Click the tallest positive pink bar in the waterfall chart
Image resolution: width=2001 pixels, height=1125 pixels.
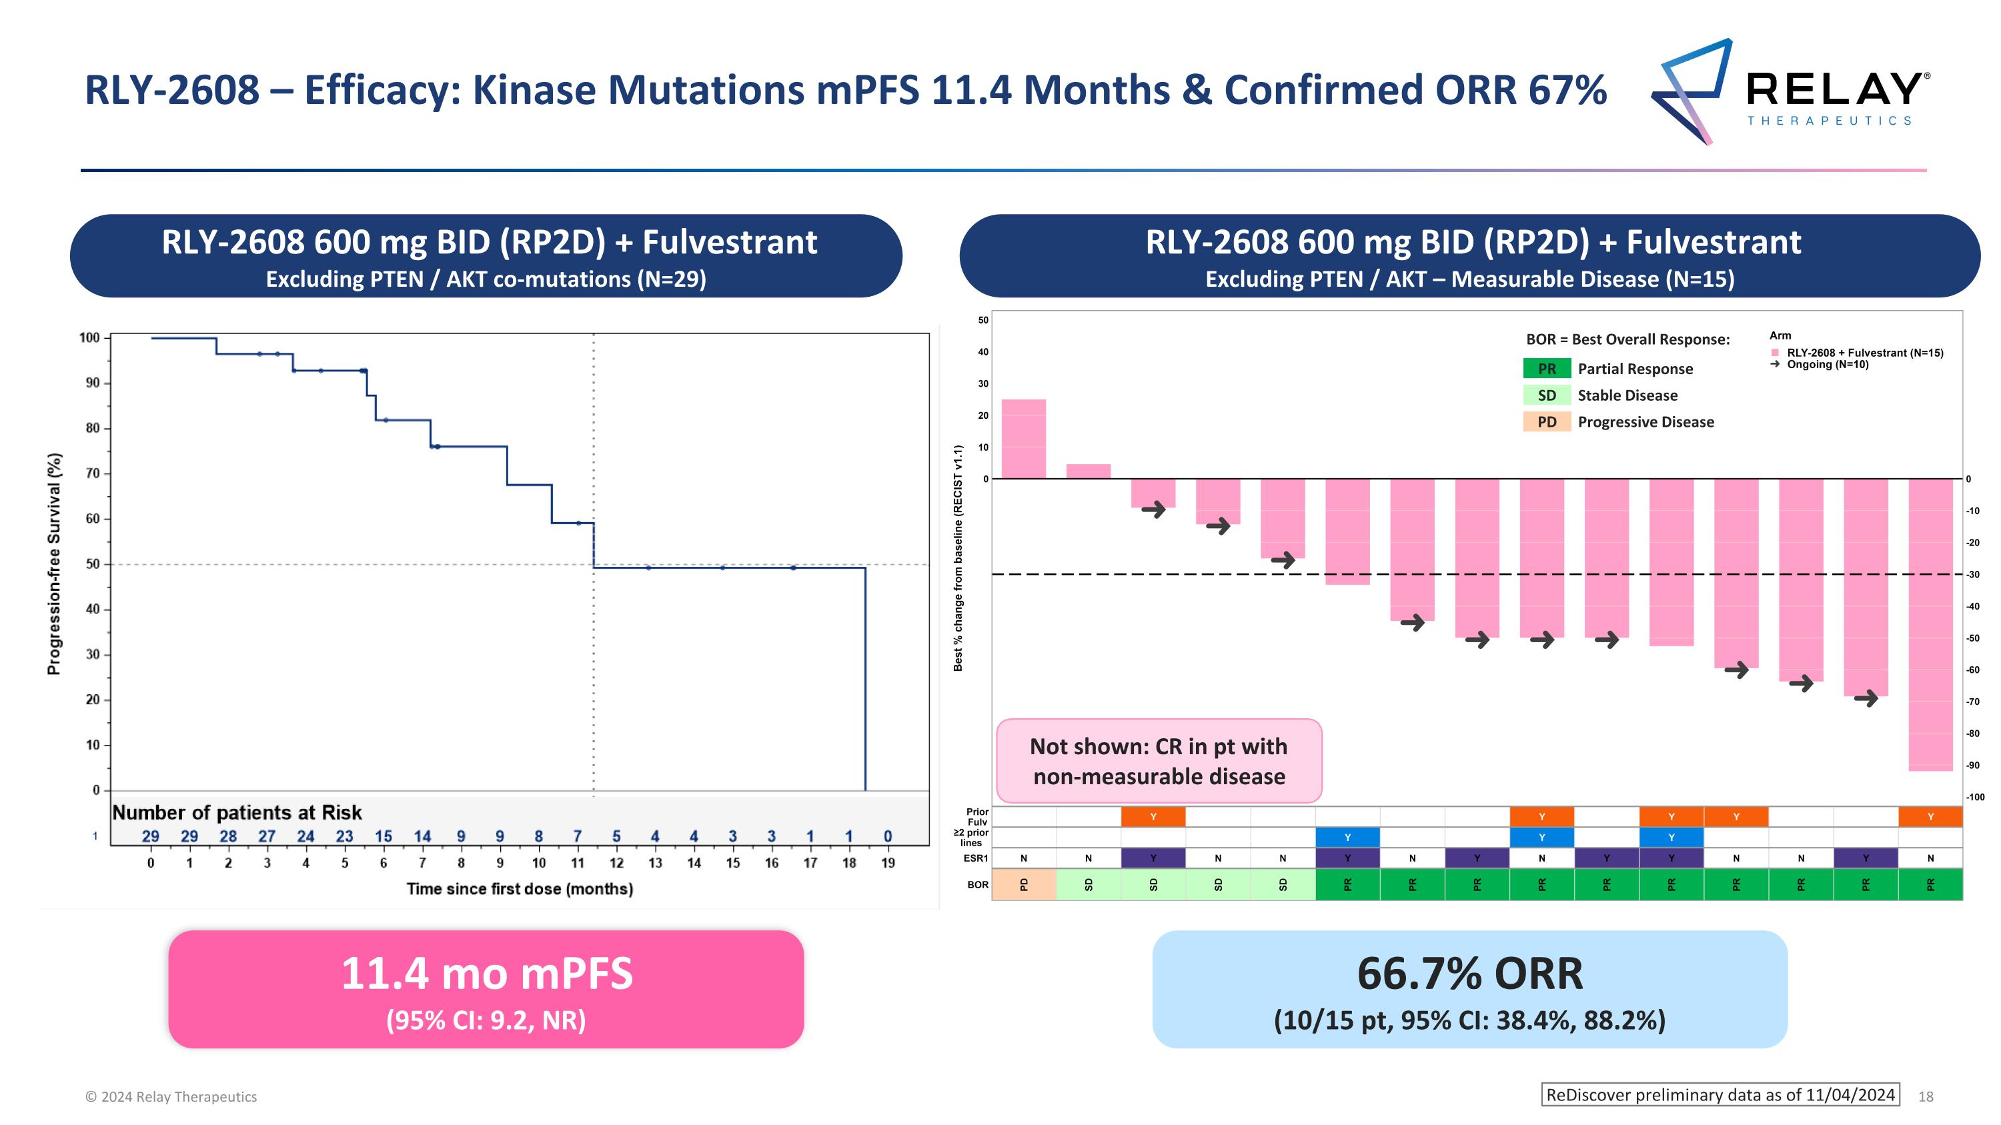pos(1023,439)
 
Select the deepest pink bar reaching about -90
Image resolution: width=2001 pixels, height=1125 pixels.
pos(1930,624)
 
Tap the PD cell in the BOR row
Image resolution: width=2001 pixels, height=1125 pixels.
pos(1024,884)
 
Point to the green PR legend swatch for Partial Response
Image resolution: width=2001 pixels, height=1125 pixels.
pos(1547,369)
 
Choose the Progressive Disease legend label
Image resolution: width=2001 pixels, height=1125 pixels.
pos(1645,422)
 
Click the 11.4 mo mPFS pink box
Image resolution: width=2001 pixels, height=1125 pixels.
pos(486,989)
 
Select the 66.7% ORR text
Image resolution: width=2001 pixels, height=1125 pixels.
pos(1469,974)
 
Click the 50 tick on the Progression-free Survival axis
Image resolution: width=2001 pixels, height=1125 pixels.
pos(93,564)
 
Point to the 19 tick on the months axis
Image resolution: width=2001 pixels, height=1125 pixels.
pos(888,862)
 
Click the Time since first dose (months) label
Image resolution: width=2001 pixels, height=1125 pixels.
pos(520,889)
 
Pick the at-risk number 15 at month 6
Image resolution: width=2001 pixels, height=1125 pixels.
pos(384,836)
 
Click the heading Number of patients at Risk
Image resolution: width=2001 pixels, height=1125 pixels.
pos(237,812)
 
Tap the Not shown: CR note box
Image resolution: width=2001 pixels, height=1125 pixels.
pos(1158,761)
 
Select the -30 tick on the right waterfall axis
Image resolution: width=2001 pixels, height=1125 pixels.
pos(1972,575)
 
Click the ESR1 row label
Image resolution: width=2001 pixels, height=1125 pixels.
pos(976,858)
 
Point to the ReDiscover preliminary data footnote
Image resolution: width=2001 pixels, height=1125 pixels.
pos(1720,1095)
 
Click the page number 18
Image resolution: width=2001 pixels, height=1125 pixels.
pos(1926,1096)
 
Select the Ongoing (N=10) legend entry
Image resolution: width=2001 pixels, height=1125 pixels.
pos(1827,364)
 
